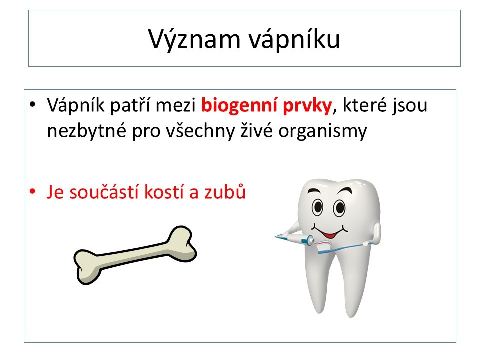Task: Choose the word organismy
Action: tap(322, 131)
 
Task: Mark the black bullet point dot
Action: tap(32, 104)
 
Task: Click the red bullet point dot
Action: tap(32, 192)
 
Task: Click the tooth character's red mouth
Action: tap(329, 235)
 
